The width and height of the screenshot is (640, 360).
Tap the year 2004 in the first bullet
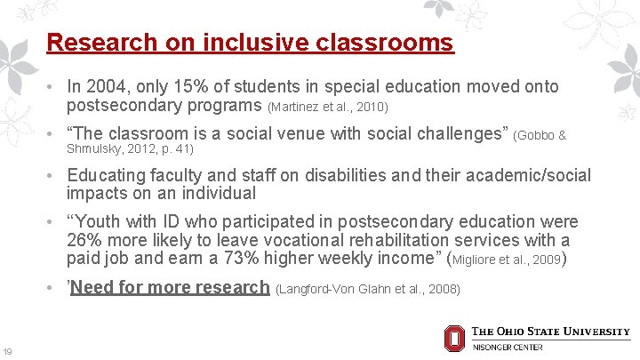pyautogui.click(x=106, y=86)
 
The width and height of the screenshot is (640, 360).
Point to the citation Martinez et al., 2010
pyautogui.click(x=327, y=108)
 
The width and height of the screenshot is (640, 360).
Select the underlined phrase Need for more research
pyautogui.click(x=170, y=287)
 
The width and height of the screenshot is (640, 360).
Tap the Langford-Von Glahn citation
pyautogui.click(x=368, y=289)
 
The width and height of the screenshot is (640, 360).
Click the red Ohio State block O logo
pyautogui.click(x=453, y=338)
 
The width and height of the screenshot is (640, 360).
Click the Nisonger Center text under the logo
pyautogui.click(x=507, y=347)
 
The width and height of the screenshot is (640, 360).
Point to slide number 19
pyautogui.click(x=8, y=351)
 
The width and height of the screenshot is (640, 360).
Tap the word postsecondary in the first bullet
pyautogui.click(x=122, y=106)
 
